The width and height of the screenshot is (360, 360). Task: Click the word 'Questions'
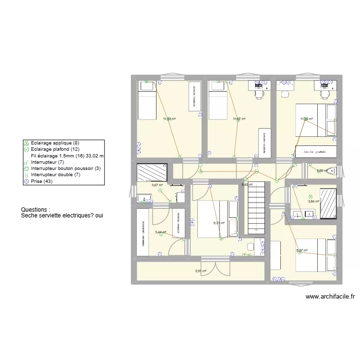point(34,210)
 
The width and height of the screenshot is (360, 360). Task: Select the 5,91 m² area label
point(201,271)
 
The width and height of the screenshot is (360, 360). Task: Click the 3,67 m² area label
point(157,185)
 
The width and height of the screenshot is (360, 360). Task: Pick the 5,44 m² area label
point(160,232)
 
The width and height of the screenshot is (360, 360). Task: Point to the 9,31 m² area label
point(219,223)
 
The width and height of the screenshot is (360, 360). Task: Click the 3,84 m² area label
point(313,202)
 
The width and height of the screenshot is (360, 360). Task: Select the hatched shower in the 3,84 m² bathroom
point(328,204)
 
